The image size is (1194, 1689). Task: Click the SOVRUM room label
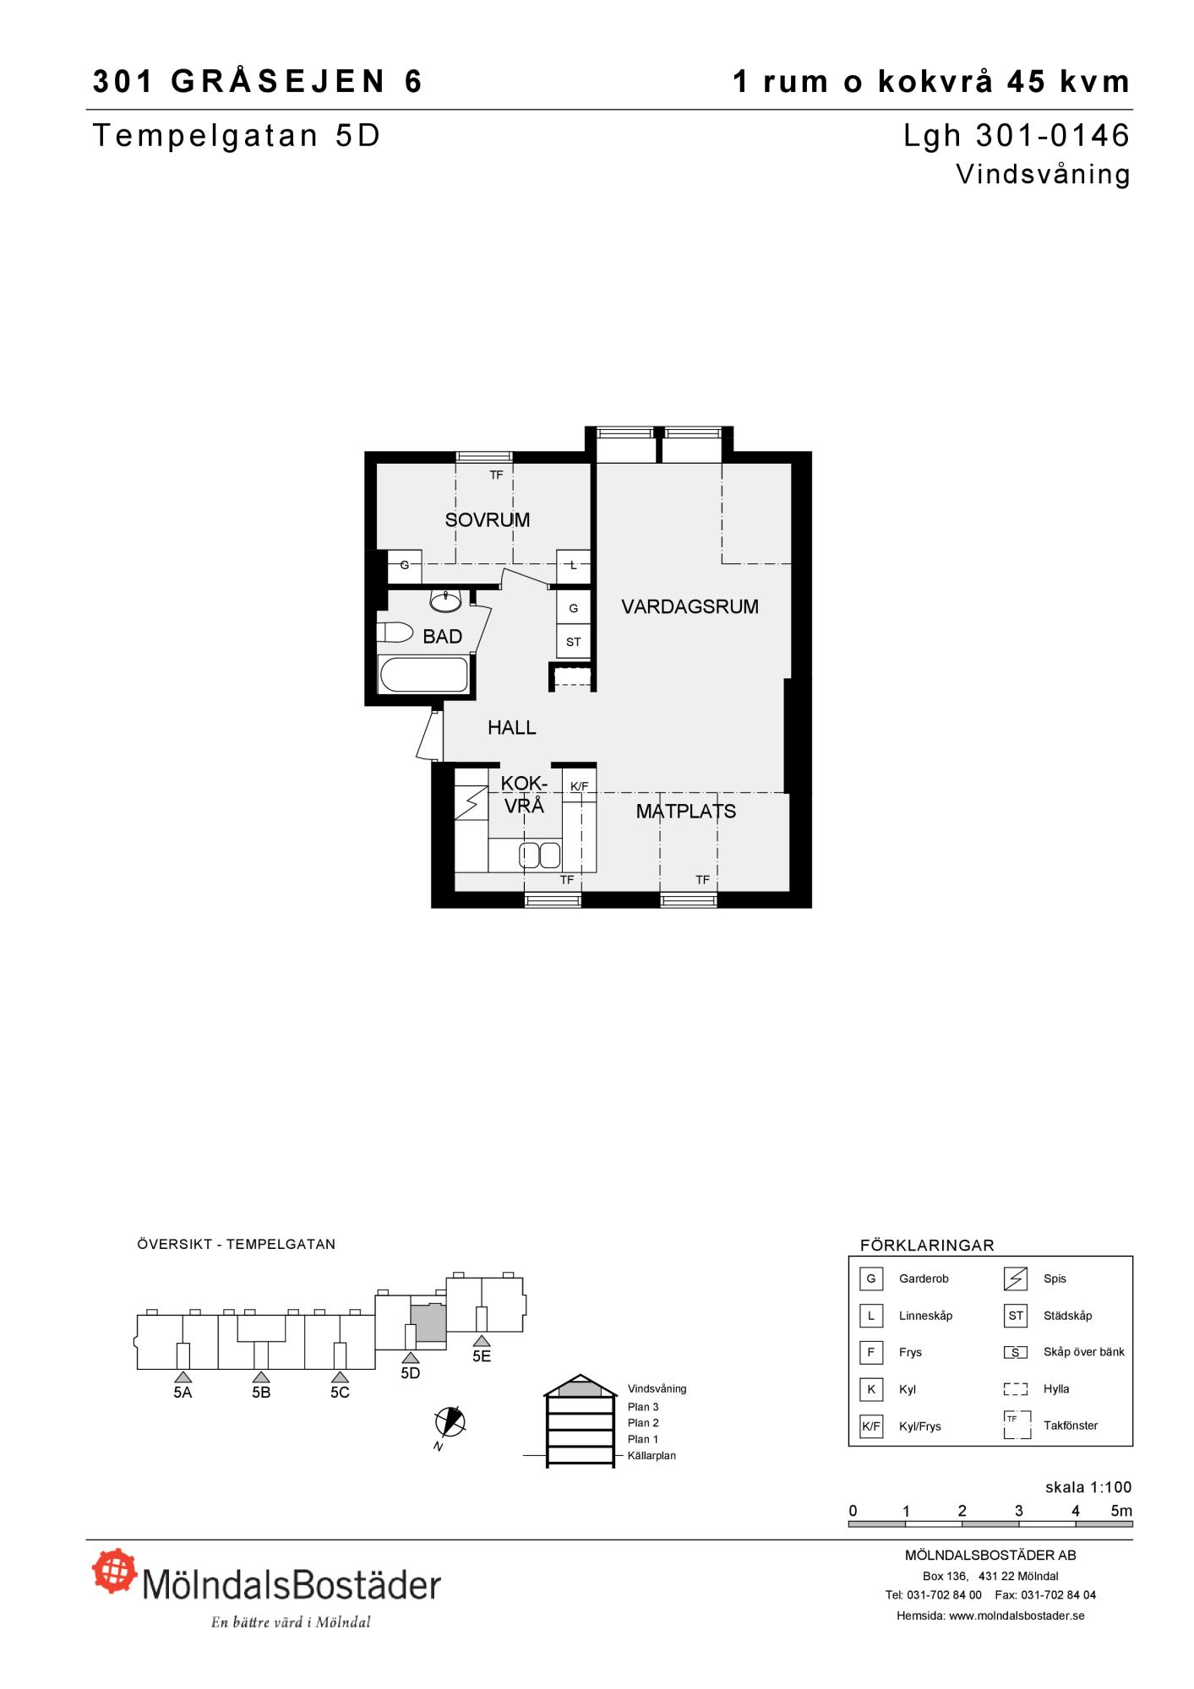coord(488,520)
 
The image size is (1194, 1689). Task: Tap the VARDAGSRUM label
coord(690,606)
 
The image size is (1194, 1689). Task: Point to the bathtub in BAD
coord(423,675)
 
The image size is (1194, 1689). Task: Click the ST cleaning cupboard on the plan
coord(574,642)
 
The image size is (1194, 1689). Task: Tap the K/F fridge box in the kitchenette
coord(580,786)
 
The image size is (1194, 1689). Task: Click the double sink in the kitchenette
coord(540,855)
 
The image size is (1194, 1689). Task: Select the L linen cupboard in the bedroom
coord(574,566)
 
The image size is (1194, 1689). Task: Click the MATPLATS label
coord(686,812)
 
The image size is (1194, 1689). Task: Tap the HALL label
coord(512,727)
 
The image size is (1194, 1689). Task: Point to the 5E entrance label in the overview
coord(482,1355)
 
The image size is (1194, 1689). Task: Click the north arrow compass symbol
coord(450,1421)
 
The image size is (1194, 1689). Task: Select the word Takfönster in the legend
coord(1071,1426)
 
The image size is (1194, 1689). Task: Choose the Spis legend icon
coord(1016,1279)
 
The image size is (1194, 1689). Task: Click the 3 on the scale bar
coord(1019,1511)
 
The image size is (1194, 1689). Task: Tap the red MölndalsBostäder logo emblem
coord(114,1570)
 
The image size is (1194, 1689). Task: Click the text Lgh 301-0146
coord(1017,135)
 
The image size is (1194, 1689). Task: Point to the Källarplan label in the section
coord(652,1456)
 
